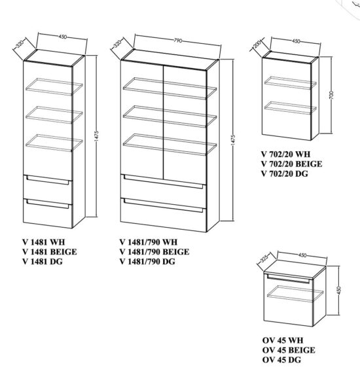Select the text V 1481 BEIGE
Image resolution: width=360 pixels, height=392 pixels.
pyautogui.click(x=46, y=252)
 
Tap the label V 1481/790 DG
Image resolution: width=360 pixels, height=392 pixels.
pyautogui.click(x=148, y=262)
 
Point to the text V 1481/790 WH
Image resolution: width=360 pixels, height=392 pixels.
pyautogui.click(x=148, y=241)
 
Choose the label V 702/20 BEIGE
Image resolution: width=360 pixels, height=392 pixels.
pyautogui.click(x=293, y=164)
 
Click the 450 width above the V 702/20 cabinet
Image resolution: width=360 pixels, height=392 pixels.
pyautogui.click(x=296, y=41)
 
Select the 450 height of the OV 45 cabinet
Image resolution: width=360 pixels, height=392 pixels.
pyautogui.click(x=338, y=290)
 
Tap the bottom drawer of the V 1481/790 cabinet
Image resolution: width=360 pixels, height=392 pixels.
pyautogui.click(x=164, y=209)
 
